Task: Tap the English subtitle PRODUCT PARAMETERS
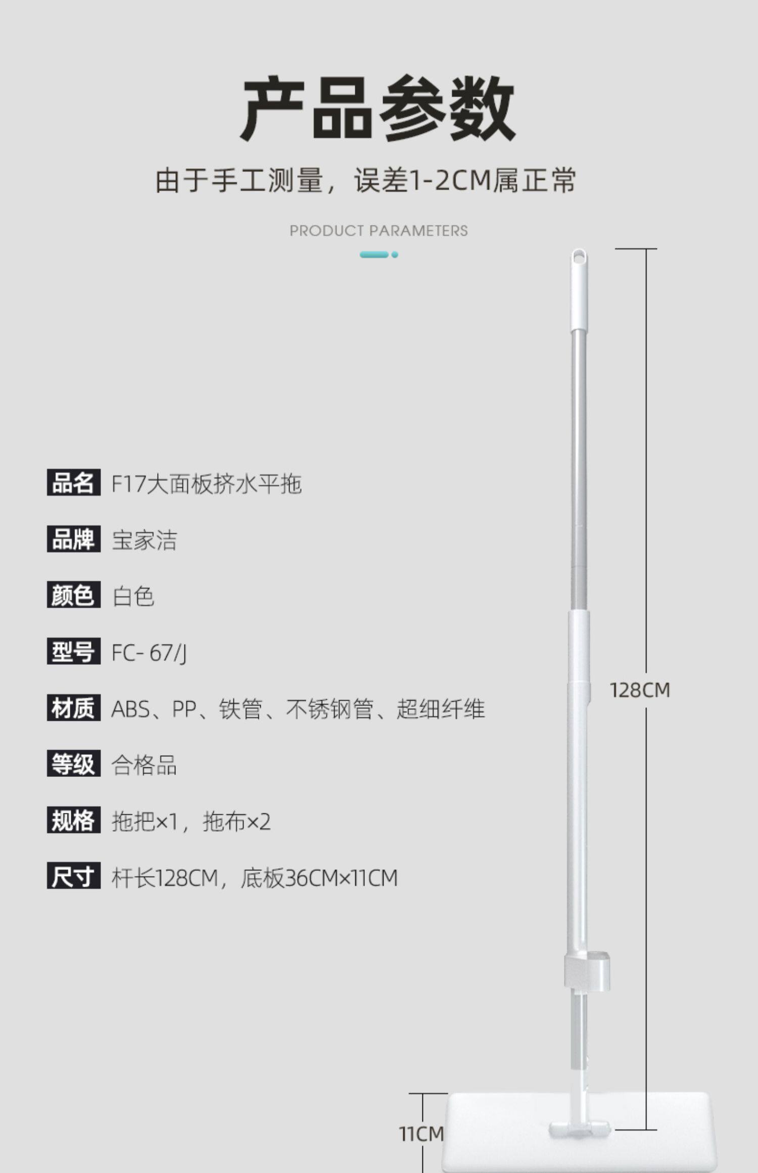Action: tap(378, 231)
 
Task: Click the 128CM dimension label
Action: tap(640, 690)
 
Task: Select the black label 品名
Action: tap(73, 482)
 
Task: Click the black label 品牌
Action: tap(73, 539)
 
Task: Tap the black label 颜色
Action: tap(73, 595)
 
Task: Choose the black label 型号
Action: tap(73, 651)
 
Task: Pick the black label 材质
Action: tap(73, 708)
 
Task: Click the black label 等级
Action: tap(73, 764)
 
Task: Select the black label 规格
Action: tap(73, 820)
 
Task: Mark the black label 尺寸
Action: tap(73, 876)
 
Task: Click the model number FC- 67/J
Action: tap(149, 653)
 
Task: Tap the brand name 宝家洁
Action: tap(145, 540)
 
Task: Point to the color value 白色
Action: tap(133, 596)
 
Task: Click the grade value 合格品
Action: tap(144, 765)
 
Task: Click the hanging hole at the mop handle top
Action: tap(579, 257)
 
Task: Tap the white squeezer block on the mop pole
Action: tap(588, 971)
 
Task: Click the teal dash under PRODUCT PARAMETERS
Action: tap(374, 255)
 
